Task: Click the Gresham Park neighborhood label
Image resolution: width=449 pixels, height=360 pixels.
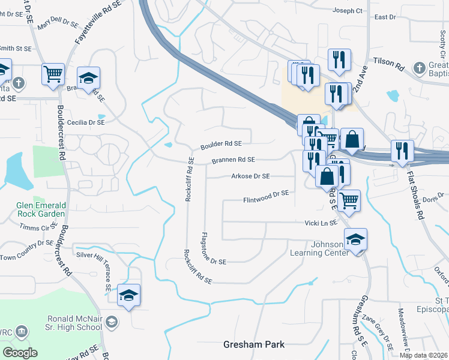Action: pyautogui.click(x=253, y=344)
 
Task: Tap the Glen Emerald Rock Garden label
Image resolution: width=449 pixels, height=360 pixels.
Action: pyautogui.click(x=41, y=209)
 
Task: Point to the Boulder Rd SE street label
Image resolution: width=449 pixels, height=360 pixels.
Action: pyautogui.click(x=221, y=144)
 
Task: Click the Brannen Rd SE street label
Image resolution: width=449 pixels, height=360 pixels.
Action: pyautogui.click(x=233, y=160)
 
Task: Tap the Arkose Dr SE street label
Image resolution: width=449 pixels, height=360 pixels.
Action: pyautogui.click(x=250, y=176)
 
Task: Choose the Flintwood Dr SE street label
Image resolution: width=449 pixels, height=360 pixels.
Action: pyautogui.click(x=266, y=194)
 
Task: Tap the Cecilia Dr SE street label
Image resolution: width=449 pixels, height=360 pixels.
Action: pyautogui.click(x=86, y=122)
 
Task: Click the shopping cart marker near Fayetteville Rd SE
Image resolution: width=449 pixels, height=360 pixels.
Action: pyautogui.click(x=53, y=74)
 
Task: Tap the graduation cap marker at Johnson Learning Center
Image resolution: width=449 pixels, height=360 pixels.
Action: pyautogui.click(x=356, y=240)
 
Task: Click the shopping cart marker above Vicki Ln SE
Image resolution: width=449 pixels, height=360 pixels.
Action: pyautogui.click(x=348, y=201)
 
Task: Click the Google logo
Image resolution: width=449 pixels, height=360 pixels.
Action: pyautogui.click(x=20, y=352)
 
